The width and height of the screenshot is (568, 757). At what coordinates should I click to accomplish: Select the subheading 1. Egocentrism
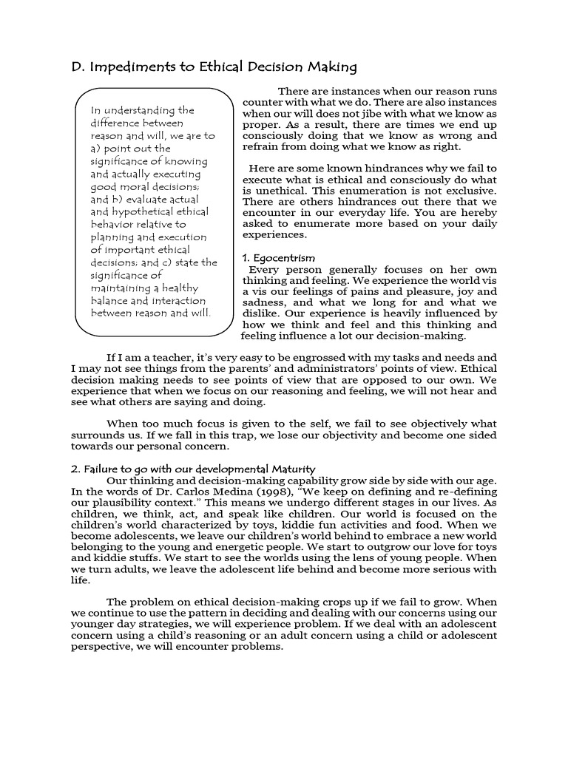pyautogui.click(x=279, y=258)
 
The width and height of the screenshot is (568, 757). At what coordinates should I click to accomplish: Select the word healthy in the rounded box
pyautogui.click(x=177, y=288)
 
